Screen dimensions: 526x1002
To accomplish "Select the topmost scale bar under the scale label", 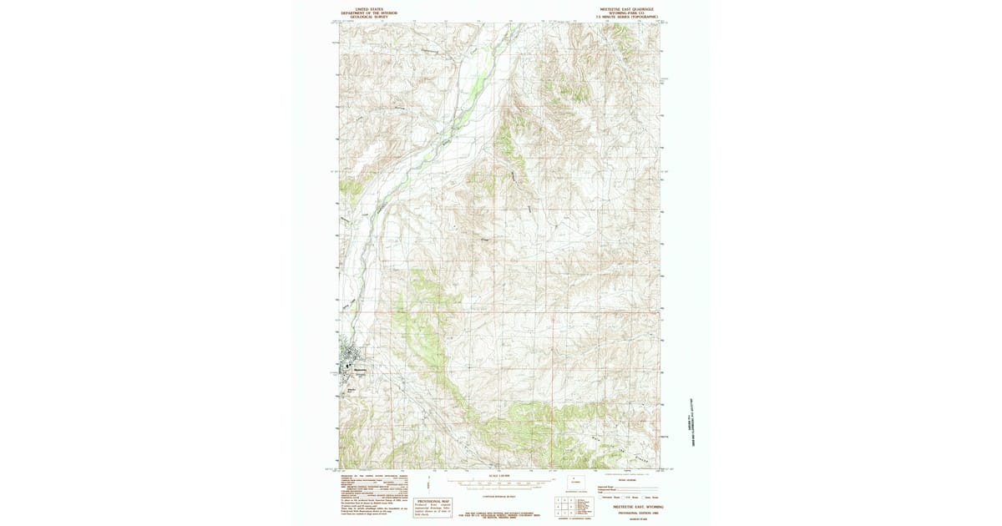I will [x=499, y=482].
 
